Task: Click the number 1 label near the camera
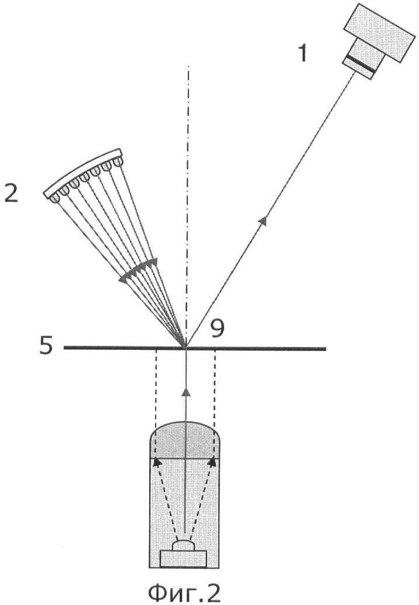click(304, 53)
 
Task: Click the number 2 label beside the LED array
click(11, 193)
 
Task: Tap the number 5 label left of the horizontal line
click(46, 346)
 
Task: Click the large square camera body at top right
click(380, 33)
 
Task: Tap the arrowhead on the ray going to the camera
click(263, 221)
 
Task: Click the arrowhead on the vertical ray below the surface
click(186, 392)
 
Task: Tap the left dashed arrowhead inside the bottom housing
click(157, 462)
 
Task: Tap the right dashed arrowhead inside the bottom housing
click(212, 462)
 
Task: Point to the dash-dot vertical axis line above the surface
click(188, 205)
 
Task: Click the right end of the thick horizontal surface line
click(325, 349)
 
